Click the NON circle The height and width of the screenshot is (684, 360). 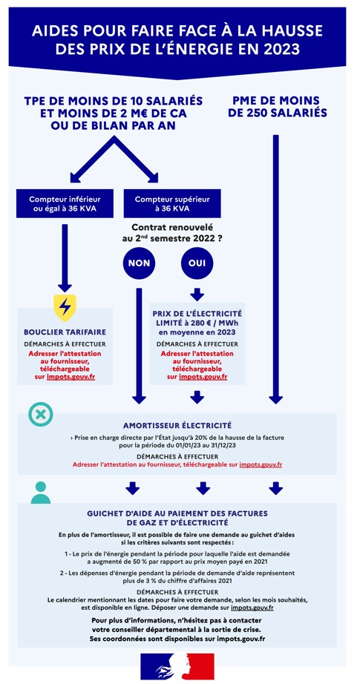(140, 263)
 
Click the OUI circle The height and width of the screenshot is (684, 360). (197, 263)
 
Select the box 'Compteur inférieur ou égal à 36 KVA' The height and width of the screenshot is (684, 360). (65, 204)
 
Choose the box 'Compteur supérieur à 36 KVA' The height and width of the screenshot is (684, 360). (172, 204)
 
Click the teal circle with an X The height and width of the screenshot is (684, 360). (41, 414)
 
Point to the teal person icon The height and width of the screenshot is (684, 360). (41, 492)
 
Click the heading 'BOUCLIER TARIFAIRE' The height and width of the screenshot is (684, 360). (65, 332)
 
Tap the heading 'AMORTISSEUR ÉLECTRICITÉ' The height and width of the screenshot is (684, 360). (177, 425)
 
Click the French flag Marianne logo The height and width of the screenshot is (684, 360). (177, 666)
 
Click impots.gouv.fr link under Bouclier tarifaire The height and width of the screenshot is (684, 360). (71, 376)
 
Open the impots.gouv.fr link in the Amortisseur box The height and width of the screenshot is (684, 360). (260, 464)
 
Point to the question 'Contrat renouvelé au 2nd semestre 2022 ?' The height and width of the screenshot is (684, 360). (172, 232)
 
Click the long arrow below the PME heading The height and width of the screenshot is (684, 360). (275, 269)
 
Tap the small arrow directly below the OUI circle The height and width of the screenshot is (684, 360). (197, 294)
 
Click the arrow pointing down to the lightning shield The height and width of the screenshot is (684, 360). (65, 258)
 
